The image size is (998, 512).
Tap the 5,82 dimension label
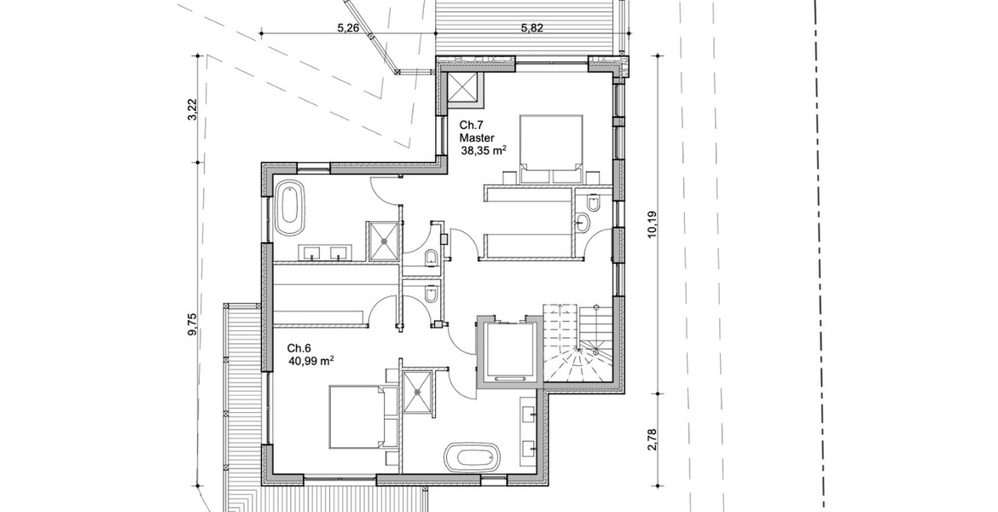pos(533,27)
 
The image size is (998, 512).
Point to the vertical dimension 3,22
pos(194,108)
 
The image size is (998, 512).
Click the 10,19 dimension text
pos(651,224)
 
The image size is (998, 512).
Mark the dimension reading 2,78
pos(651,440)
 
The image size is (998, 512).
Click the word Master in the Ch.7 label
pos(478,137)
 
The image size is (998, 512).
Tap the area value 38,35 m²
pos(484,150)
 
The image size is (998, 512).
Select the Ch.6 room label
pos(299,348)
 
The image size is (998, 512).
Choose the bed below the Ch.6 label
pos(357,416)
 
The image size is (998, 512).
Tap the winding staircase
pos(579,345)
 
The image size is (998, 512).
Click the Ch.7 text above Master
pos(472,125)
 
